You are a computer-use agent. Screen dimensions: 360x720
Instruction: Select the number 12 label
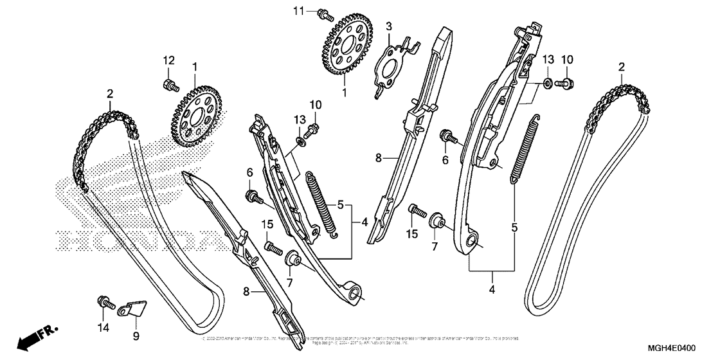click(168, 60)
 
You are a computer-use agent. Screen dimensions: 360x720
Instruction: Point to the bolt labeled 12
click(169, 84)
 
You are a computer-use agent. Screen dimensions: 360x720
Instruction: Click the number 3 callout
click(388, 26)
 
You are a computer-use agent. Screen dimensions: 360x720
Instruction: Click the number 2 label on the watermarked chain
click(110, 93)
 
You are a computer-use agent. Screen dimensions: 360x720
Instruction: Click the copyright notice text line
click(360, 339)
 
